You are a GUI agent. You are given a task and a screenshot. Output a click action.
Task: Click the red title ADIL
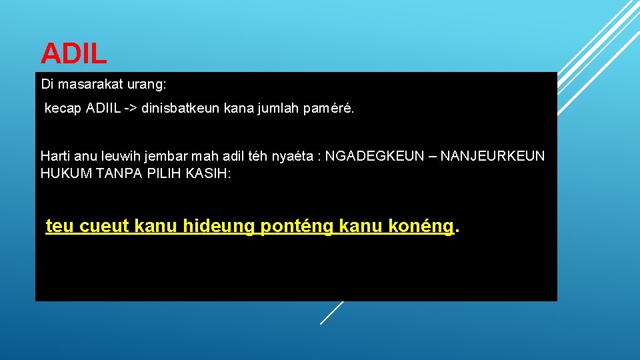coord(73,54)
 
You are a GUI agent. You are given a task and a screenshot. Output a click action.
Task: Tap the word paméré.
coord(331,109)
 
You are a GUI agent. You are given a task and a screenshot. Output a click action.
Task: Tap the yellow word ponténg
coord(297,227)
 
